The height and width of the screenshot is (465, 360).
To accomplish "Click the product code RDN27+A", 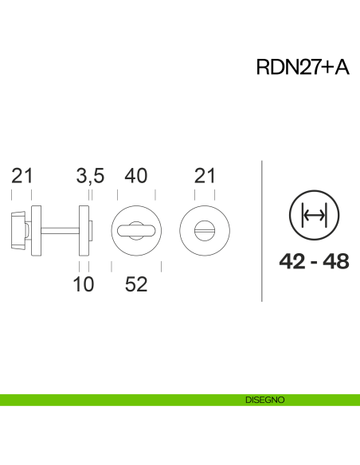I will tap(302, 68).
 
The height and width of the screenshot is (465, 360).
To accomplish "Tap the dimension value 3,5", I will tap(90, 177).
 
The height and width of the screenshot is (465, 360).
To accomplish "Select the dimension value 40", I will tap(136, 177).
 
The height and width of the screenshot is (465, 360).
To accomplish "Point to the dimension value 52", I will tap(136, 284).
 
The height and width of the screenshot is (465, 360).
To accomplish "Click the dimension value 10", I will tap(84, 284).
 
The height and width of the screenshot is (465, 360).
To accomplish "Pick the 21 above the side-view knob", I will tap(22, 177).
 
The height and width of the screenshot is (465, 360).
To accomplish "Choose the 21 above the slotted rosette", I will tap(205, 177).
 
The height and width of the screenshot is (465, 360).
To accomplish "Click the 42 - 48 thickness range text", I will tap(315, 261).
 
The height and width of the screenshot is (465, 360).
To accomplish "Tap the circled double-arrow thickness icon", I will tap(315, 216).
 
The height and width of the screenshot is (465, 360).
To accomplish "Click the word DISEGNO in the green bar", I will tap(264, 400).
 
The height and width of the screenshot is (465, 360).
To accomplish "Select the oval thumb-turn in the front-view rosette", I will tap(136, 231).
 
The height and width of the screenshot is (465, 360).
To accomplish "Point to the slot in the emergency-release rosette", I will tap(205, 231).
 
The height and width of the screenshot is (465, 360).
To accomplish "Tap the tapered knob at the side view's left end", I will tap(17, 231).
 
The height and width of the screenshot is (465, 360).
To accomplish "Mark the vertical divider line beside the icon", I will tap(262, 231).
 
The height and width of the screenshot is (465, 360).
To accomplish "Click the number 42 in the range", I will tap(292, 261).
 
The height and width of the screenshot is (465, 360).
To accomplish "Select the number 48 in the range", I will tap(336, 261).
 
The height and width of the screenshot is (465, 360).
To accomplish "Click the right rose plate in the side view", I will tap(84, 231).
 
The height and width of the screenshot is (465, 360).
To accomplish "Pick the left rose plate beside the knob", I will tap(35, 231).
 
